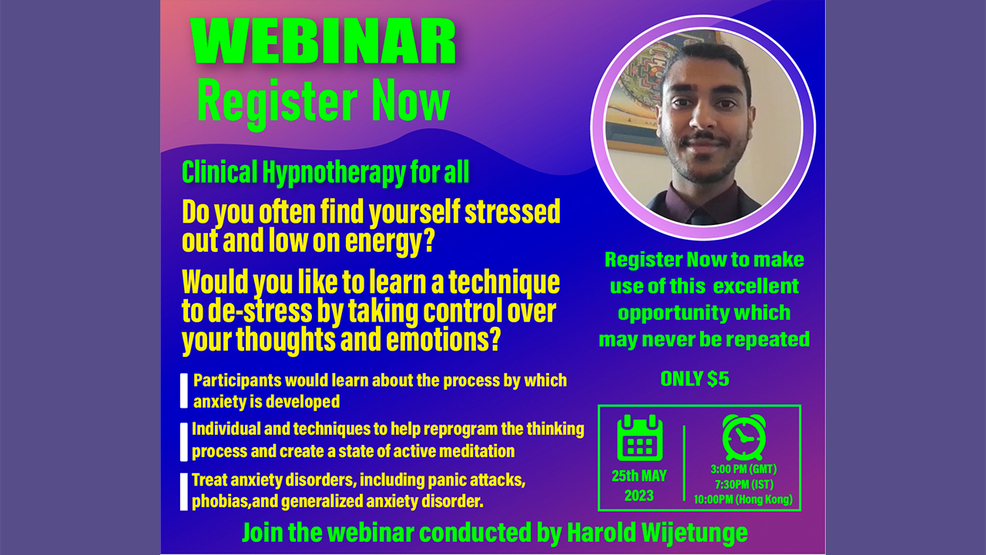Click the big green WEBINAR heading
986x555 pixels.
323,42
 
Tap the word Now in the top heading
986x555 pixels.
411,101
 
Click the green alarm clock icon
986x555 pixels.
744,437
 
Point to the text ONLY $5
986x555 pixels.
695,378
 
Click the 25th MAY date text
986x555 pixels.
639,476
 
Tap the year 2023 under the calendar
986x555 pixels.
639,496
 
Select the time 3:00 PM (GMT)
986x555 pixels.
743,469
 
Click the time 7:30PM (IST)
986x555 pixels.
744,485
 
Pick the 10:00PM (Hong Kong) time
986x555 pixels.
743,499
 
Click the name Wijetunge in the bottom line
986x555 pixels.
695,533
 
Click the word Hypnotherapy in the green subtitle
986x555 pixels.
334,173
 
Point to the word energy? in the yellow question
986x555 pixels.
390,241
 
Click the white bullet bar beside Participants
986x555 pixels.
184,391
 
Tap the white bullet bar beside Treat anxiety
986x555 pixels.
184,492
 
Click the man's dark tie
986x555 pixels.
700,215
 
